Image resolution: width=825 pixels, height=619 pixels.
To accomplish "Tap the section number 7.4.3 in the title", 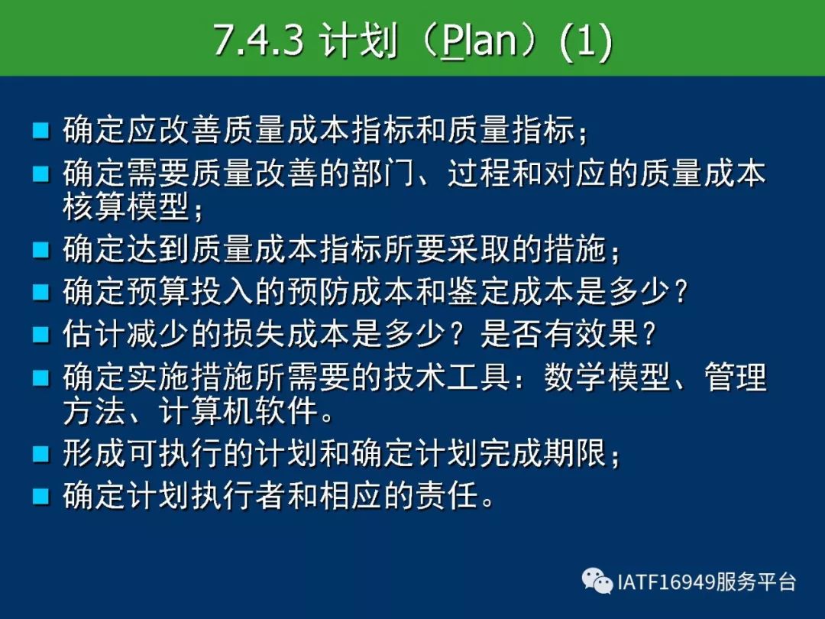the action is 259,41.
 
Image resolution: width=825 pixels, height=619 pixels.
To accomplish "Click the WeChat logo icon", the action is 597,581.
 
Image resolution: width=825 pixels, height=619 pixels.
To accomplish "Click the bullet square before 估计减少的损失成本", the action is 41,334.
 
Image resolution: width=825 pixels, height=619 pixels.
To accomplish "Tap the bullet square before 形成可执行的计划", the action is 41,454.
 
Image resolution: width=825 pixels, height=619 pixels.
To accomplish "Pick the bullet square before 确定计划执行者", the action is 41,496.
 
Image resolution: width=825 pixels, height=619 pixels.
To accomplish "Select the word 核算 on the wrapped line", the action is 94,206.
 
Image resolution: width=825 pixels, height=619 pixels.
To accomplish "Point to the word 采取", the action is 479,248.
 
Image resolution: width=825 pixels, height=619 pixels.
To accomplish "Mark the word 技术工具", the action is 448,376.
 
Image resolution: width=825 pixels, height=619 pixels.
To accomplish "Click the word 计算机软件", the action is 238,410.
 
